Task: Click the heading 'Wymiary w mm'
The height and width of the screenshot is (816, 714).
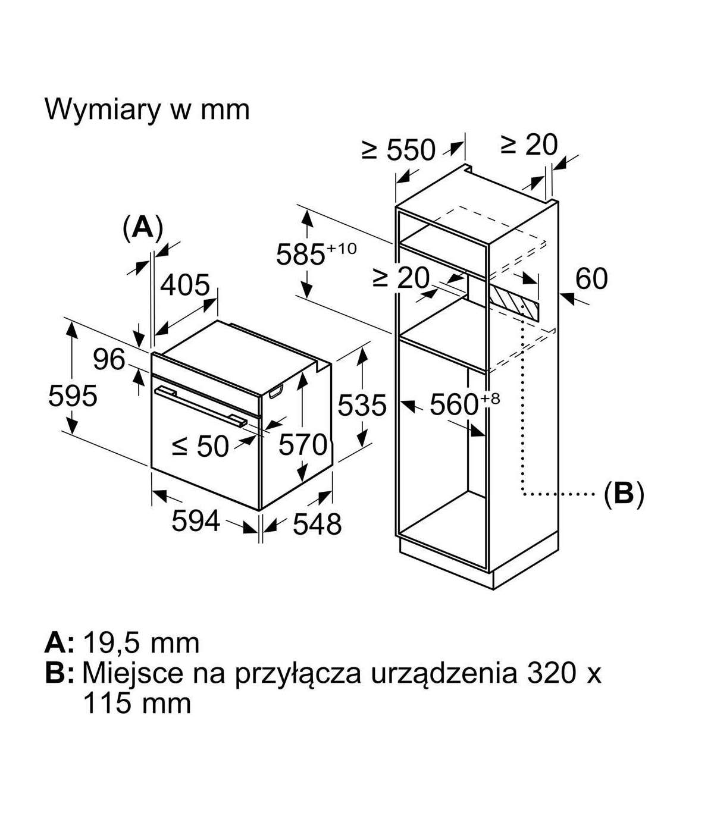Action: point(147,109)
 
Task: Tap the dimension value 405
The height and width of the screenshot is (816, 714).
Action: point(185,285)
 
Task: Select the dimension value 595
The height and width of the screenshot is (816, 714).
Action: point(73,396)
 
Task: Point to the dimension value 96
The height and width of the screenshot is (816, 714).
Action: point(109,359)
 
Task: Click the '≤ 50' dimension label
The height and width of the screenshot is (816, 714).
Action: point(200,446)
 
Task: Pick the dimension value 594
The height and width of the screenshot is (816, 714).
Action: point(196,521)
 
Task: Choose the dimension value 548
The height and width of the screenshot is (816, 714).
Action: point(318,525)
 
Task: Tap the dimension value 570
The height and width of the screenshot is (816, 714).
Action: point(303,444)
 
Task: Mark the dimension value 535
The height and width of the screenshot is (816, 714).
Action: point(362,406)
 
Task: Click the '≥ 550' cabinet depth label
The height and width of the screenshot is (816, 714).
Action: point(399,150)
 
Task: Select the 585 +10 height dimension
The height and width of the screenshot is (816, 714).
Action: point(315,255)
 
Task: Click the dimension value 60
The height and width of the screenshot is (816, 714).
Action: point(591,278)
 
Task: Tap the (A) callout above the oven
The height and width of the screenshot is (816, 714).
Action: point(142,227)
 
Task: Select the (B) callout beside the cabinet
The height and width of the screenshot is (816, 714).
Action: point(624,493)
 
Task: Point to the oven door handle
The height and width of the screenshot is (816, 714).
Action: point(200,406)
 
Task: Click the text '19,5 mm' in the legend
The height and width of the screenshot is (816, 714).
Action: point(141,642)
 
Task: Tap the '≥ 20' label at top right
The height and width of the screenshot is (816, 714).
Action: point(529,145)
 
